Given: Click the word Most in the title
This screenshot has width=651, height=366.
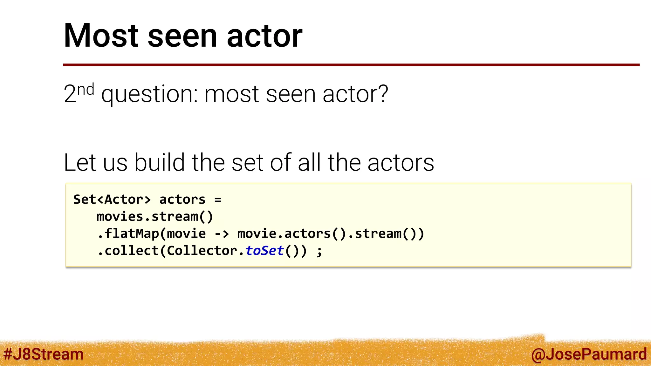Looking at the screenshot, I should [101, 36].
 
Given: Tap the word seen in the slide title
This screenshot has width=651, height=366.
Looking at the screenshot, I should [182, 36].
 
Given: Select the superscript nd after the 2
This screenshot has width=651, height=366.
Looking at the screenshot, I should [86, 90].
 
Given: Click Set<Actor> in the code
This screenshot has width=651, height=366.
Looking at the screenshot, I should [112, 200].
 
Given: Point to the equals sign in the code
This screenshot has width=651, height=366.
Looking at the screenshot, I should [218, 200].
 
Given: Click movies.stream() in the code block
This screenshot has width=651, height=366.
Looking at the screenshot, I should [155, 217].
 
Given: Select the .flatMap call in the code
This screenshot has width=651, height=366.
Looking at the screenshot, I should [128, 234].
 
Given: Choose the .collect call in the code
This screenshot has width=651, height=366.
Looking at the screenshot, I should [128, 251].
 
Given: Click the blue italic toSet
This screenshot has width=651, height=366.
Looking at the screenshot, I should [264, 251].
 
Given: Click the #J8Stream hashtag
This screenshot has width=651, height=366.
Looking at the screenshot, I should [43, 354].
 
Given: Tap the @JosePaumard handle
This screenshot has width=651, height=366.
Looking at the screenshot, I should [589, 354].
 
